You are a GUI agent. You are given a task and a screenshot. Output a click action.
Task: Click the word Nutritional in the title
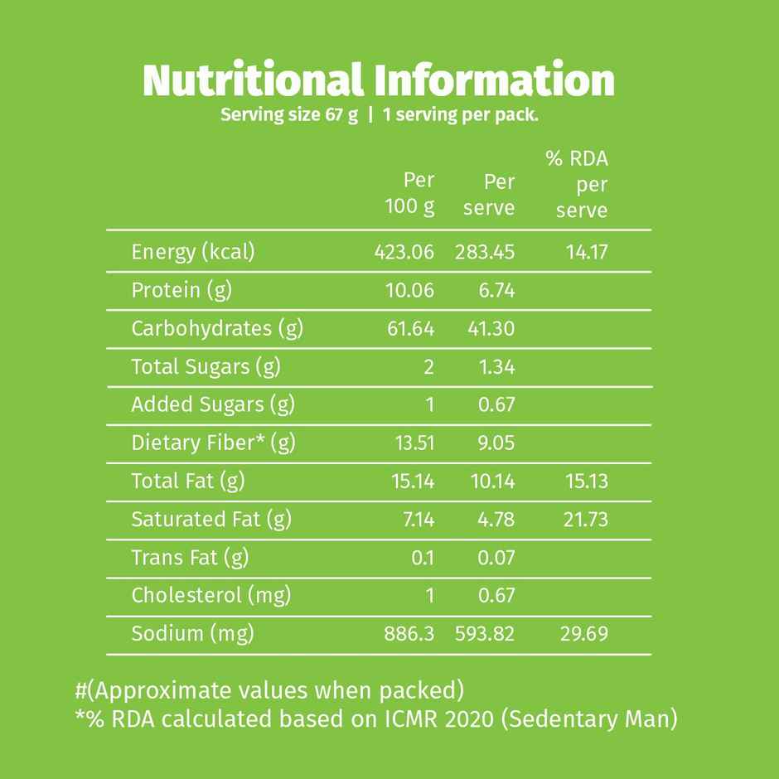tap(253, 81)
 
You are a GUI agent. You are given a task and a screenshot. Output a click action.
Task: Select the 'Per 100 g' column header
tap(411, 194)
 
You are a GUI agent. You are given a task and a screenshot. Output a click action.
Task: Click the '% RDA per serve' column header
tap(578, 185)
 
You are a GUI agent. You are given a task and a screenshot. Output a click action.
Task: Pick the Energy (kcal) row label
tap(193, 252)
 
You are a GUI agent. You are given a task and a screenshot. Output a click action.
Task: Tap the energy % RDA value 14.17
tap(587, 252)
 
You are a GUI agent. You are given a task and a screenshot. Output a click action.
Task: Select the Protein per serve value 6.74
tap(496, 290)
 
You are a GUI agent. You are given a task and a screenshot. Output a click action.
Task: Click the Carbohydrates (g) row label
tap(217, 329)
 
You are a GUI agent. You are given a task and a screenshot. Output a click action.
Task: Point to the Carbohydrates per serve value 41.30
tap(491, 329)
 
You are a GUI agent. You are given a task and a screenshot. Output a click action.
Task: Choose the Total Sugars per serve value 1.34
tap(496, 367)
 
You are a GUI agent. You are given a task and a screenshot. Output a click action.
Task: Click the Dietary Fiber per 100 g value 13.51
tap(414, 443)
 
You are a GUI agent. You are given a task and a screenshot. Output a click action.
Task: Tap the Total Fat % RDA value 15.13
tap(586, 481)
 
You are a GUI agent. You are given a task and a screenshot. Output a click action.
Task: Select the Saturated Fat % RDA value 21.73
tap(585, 520)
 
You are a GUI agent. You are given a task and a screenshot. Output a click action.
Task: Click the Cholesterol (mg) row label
tap(211, 596)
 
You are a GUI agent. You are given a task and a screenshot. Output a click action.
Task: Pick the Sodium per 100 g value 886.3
tap(409, 635)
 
